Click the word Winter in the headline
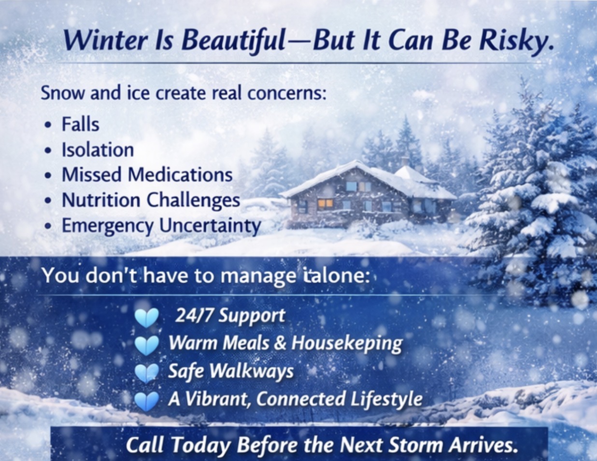point(105,41)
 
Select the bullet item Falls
point(80,125)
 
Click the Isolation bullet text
point(98,150)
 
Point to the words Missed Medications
point(147,175)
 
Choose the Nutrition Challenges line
point(151,200)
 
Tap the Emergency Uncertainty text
point(161,226)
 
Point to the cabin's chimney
point(405,161)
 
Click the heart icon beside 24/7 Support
point(147,317)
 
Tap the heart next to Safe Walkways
point(147,373)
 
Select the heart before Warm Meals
point(147,346)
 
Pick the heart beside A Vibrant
point(147,401)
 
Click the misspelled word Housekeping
point(347,344)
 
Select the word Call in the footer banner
point(145,445)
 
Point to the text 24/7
point(194,316)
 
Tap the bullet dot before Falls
point(49,125)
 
